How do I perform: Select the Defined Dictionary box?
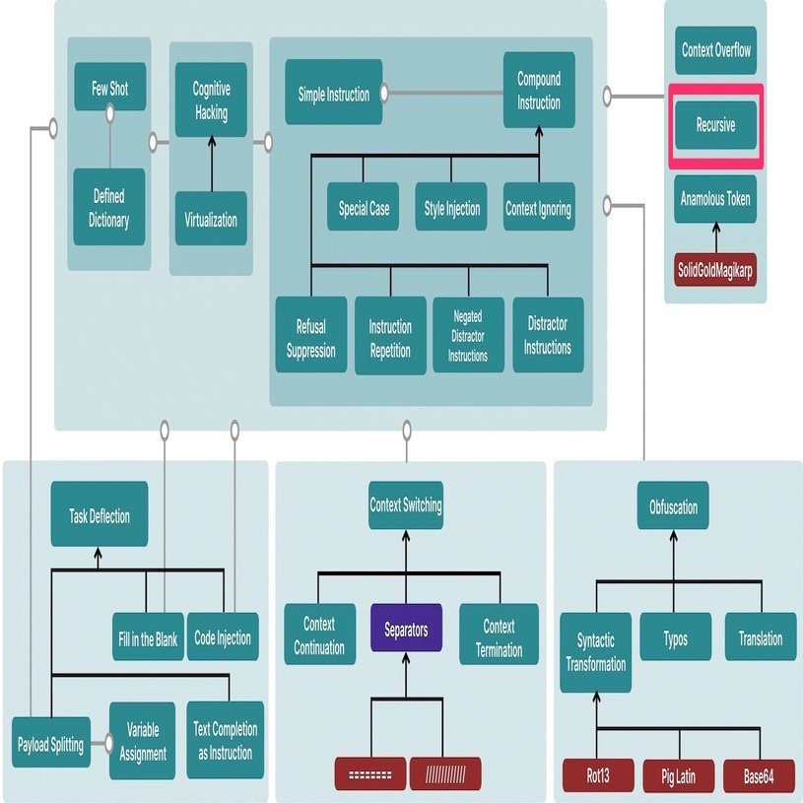coord(108,208)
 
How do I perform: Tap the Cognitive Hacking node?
coord(210,100)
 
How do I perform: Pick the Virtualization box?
coord(211,219)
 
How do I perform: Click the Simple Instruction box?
coord(334,95)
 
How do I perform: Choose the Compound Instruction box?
coord(539,92)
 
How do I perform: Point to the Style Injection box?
coord(451,208)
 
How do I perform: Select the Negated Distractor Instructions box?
coord(468,336)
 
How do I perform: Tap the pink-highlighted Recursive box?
coord(715,126)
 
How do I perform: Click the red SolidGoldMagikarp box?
coord(715,270)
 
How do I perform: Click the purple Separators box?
coord(406,631)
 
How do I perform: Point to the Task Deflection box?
coord(100,515)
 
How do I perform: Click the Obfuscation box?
coord(673,507)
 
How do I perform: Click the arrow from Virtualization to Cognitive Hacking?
coord(210,162)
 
